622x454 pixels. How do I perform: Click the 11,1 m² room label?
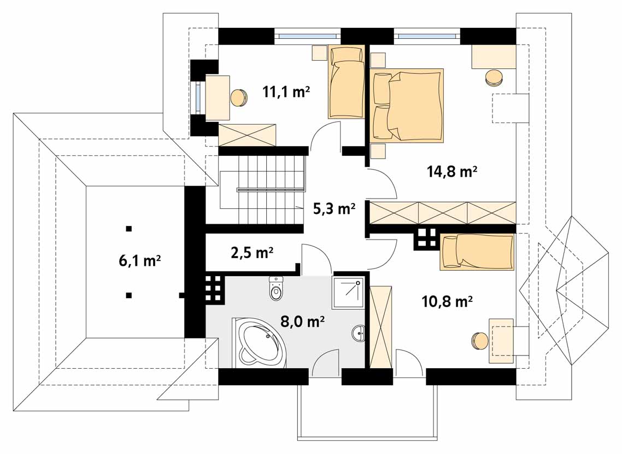click(x=286, y=92)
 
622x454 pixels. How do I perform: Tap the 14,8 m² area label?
click(x=452, y=171)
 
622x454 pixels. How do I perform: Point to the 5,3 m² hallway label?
click(x=334, y=208)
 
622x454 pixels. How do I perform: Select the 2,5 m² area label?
click(x=252, y=252)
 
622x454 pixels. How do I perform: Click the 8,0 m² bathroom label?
click(x=303, y=321)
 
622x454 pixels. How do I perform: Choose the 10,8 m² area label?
click(x=447, y=301)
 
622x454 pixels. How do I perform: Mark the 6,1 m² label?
click(x=139, y=261)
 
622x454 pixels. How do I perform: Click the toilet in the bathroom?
click(x=276, y=288)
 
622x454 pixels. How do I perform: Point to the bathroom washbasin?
click(x=358, y=333)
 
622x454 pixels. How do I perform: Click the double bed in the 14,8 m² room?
click(x=407, y=105)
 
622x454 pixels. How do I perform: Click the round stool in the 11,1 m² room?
click(x=239, y=97)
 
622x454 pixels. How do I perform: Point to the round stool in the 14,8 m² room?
click(x=494, y=77)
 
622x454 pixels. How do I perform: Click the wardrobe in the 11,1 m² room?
click(x=247, y=135)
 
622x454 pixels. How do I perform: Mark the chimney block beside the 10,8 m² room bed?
click(x=426, y=239)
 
